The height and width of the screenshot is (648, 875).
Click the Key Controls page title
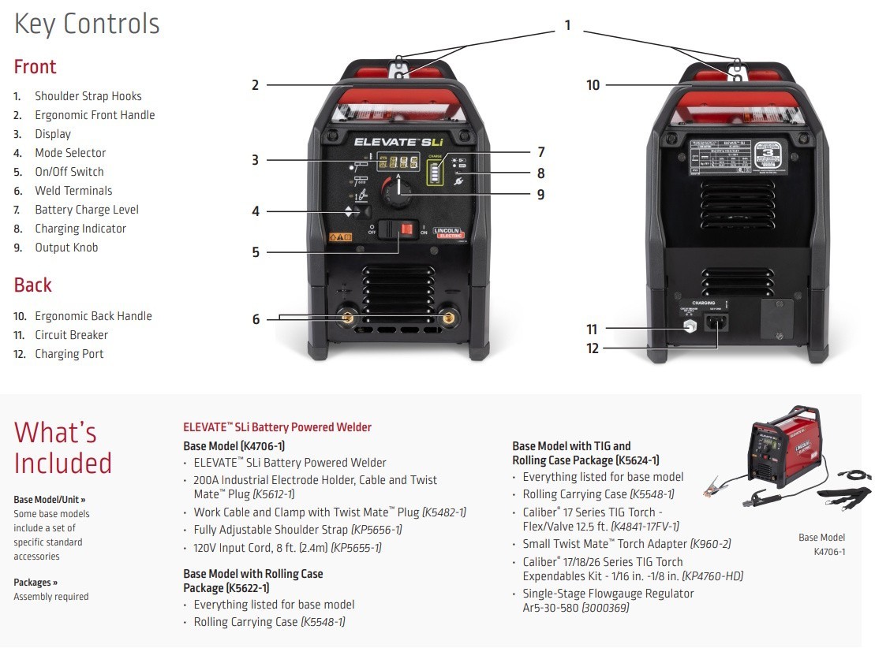coord(87,24)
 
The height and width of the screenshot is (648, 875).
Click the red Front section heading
coord(36,67)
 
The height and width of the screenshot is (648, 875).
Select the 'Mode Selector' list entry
coord(69,153)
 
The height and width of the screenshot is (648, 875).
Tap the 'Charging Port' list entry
coord(69,354)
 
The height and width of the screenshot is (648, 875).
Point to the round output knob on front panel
coord(398,191)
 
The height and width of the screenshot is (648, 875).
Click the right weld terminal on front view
coord(449,319)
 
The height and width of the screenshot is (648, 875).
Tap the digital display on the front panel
coord(398,162)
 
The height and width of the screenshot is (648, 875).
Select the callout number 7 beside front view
coord(540,152)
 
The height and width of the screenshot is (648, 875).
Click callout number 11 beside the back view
coord(592,330)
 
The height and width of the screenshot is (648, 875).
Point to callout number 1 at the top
coord(567,26)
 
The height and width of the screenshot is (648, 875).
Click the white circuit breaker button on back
coord(689,326)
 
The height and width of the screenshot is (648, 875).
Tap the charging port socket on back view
coord(718,322)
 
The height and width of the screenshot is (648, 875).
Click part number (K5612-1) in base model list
coord(273,494)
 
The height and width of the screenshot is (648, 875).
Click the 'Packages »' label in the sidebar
coord(36,583)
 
